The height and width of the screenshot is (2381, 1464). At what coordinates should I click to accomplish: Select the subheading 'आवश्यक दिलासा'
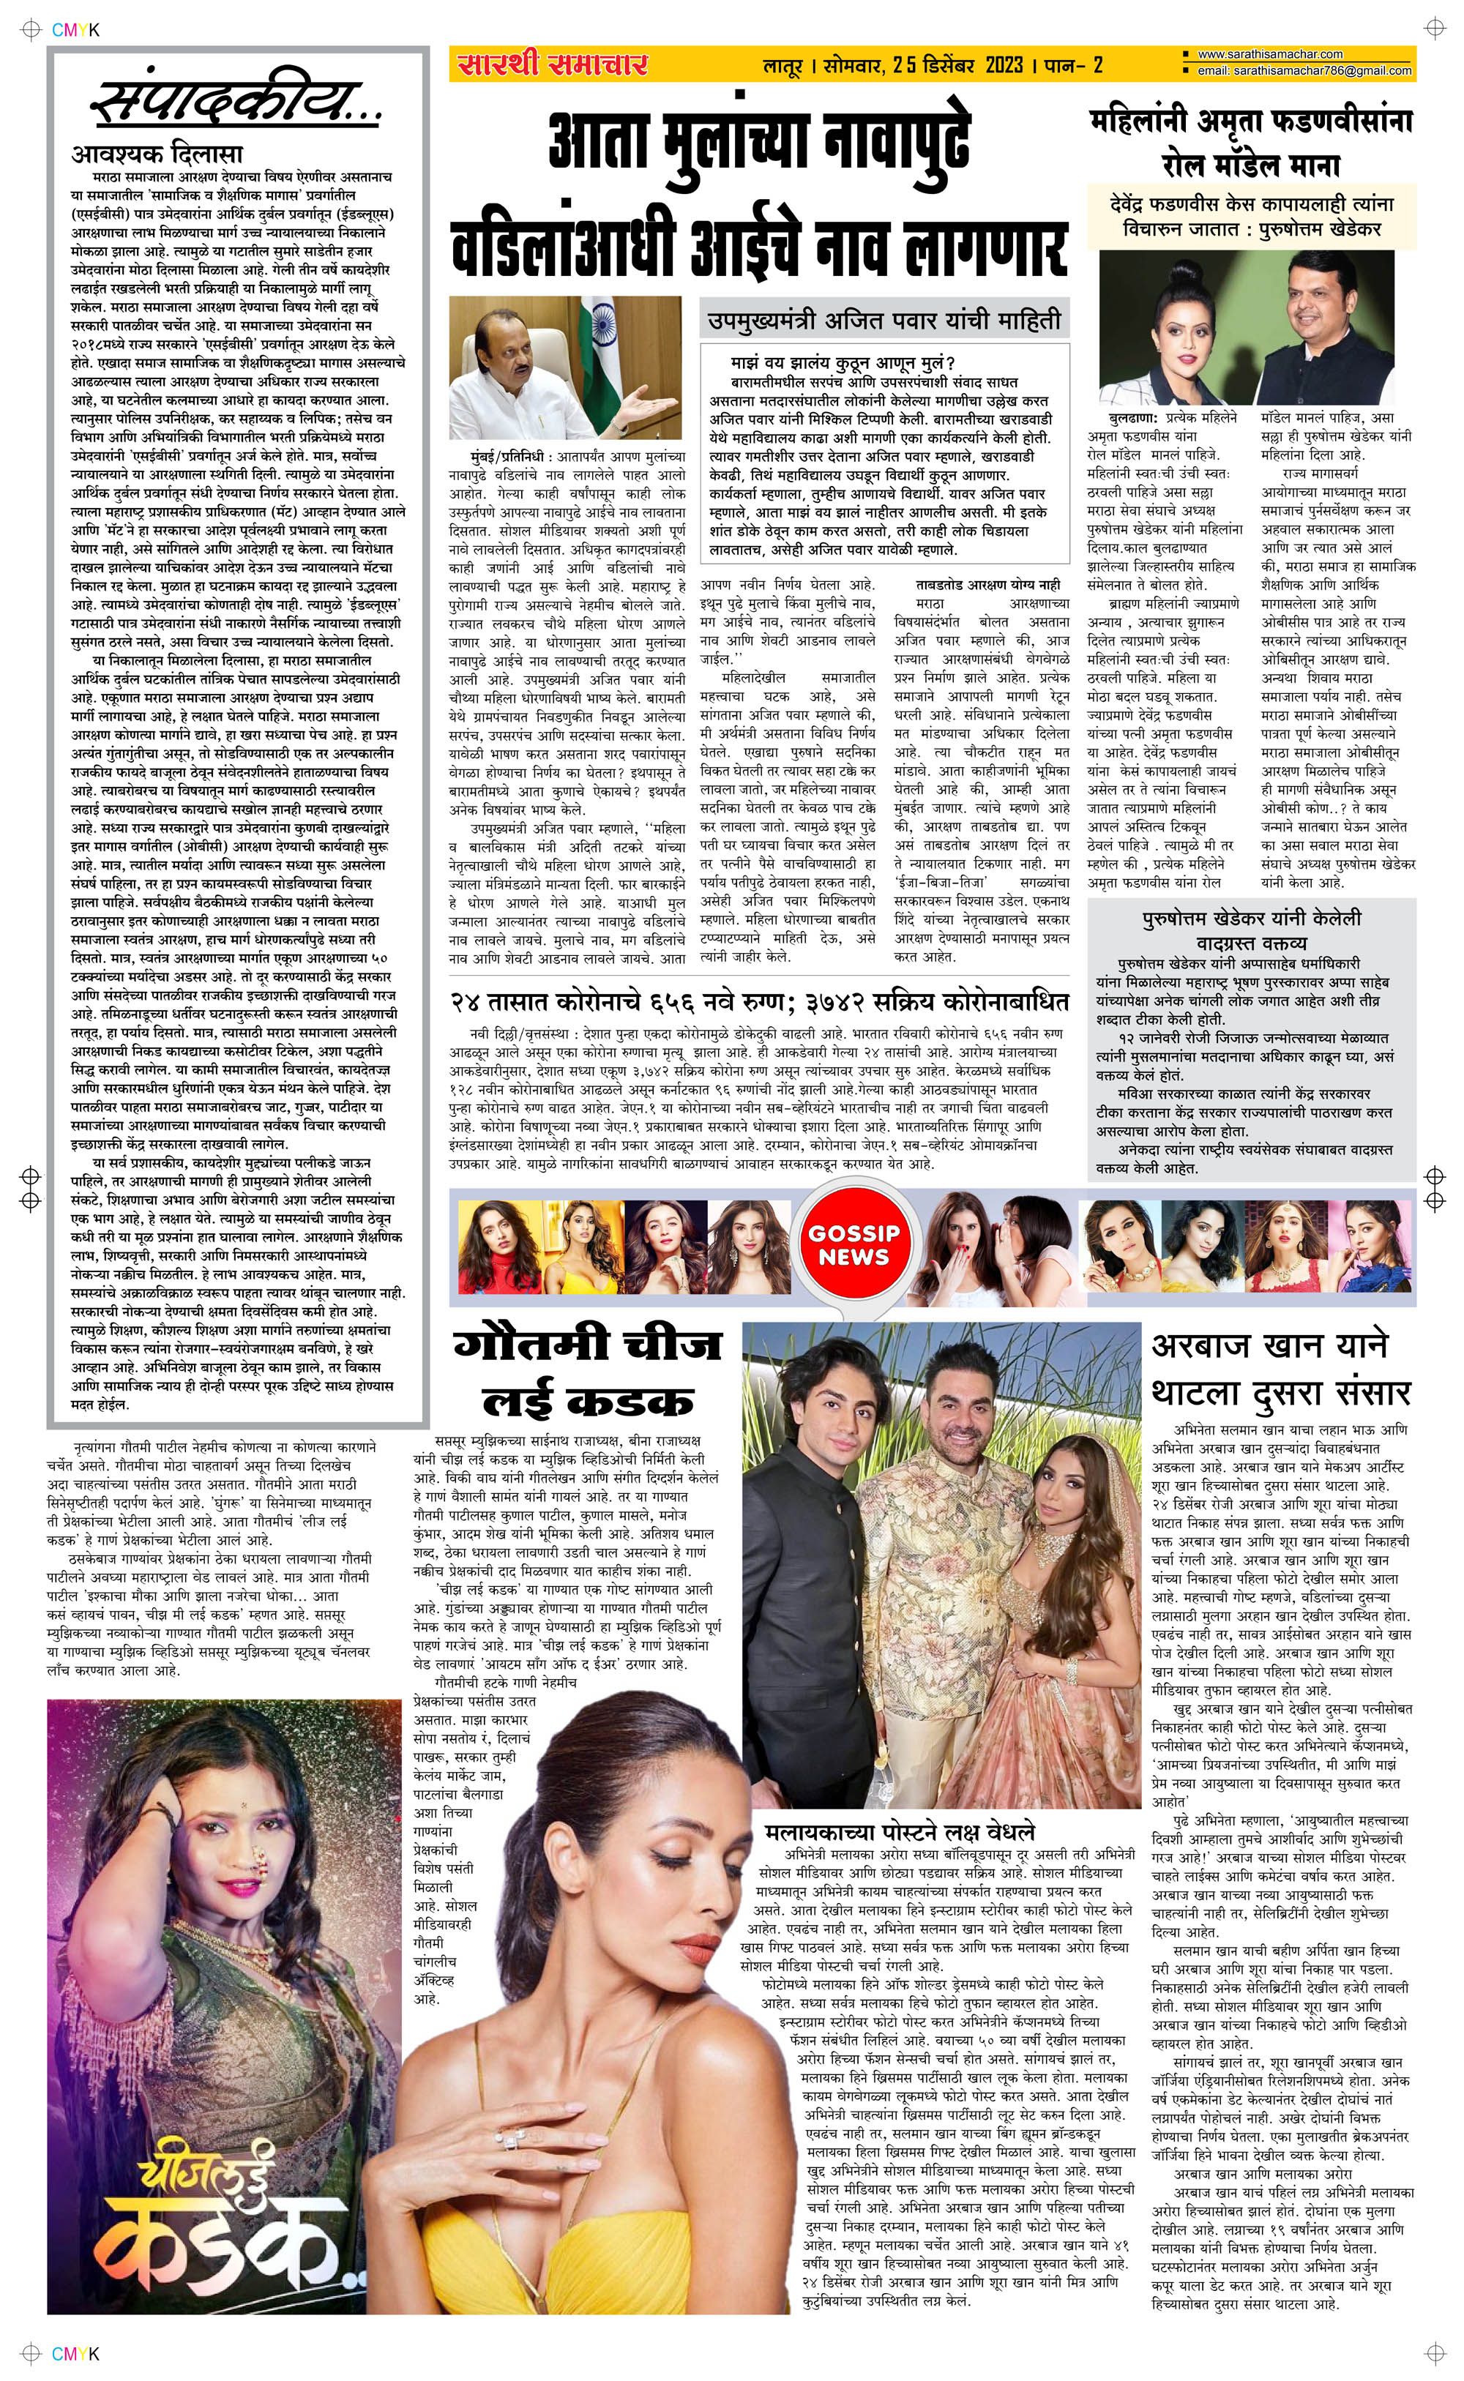pyautogui.click(x=157, y=154)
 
